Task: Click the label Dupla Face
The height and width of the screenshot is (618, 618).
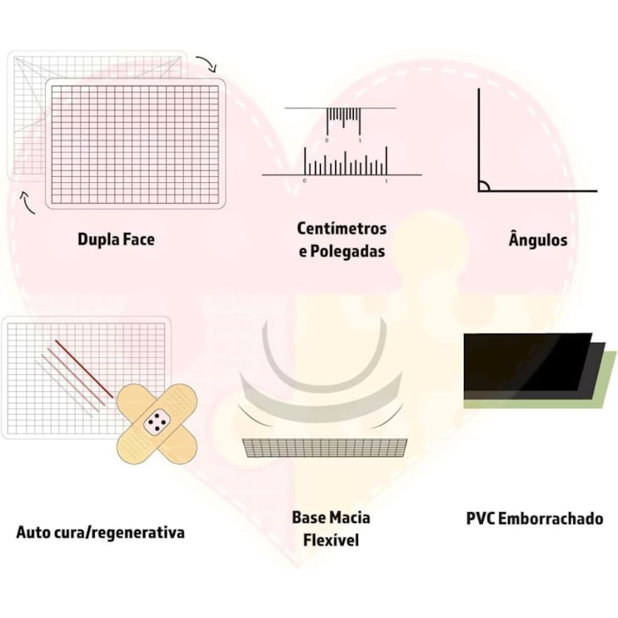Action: tap(116, 240)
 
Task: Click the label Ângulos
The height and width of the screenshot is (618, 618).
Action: tap(538, 240)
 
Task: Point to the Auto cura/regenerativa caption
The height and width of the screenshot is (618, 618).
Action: tap(100, 532)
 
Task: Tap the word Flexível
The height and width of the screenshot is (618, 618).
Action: tap(330, 539)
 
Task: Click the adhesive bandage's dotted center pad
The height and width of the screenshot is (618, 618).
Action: tap(156, 421)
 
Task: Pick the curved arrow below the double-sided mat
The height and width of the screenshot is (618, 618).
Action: tap(27, 202)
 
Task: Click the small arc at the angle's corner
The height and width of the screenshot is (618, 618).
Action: tap(483, 185)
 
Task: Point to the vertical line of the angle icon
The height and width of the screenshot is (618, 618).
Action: tap(478, 135)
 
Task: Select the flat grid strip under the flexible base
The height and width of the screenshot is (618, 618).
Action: tap(324, 447)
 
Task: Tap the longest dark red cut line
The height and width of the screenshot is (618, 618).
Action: tap(84, 369)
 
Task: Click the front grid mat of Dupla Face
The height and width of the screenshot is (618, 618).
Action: tap(135, 144)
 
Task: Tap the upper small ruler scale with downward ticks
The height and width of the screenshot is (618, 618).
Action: tap(343, 116)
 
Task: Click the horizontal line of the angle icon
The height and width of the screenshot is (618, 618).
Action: tap(542, 190)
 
